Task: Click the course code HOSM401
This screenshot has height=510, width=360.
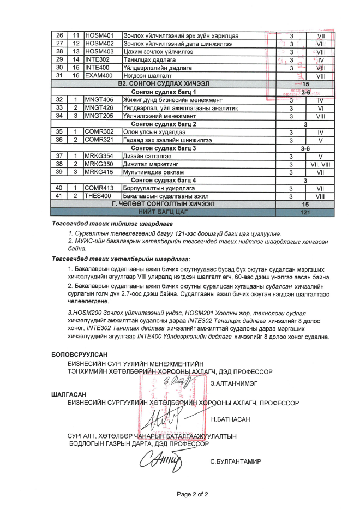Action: pyautogui.click(x=99, y=35)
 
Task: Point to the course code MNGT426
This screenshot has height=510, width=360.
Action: pyautogui.click(x=99, y=108)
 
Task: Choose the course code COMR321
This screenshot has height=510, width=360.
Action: pyautogui.click(x=99, y=140)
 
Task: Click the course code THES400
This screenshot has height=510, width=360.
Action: pyautogui.click(x=98, y=196)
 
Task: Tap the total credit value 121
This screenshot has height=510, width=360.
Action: pyautogui.click(x=305, y=212)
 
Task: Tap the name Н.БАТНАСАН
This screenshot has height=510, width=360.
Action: pyautogui.click(x=230, y=419)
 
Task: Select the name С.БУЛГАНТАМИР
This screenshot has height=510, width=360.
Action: pyautogui.click(x=236, y=461)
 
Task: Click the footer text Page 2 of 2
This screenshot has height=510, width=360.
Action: pyautogui.click(x=192, y=494)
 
